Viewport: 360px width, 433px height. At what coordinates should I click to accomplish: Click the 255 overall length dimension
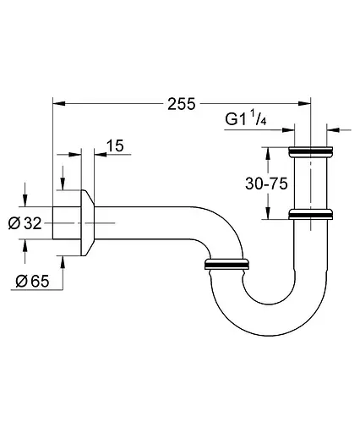182,104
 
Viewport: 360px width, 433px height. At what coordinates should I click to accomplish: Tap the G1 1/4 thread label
246,118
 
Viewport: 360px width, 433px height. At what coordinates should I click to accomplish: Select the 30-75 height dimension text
266,184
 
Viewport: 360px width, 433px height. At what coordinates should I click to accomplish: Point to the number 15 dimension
115,145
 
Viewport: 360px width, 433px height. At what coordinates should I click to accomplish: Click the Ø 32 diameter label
25,223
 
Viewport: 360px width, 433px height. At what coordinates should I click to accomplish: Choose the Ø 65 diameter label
32,281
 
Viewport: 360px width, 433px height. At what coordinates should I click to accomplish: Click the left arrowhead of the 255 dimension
59,104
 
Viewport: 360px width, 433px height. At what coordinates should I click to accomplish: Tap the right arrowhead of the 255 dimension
304,104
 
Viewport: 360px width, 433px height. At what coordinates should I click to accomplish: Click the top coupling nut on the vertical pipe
311,151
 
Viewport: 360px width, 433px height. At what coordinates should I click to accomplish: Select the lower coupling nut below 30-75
311,214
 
